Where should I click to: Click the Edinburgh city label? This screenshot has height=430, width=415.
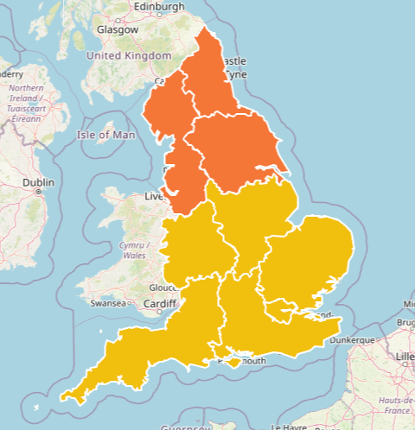(158, 7)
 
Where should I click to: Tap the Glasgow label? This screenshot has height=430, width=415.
(118, 29)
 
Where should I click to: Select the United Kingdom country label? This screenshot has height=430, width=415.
(129, 55)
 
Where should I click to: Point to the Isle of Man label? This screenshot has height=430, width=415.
(106, 135)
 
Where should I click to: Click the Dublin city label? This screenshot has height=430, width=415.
(38, 183)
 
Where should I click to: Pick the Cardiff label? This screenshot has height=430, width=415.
(159, 303)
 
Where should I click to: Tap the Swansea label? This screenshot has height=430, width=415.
(108, 303)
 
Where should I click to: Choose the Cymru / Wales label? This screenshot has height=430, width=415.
(134, 250)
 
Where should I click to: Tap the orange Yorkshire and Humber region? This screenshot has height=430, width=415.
(233, 151)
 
